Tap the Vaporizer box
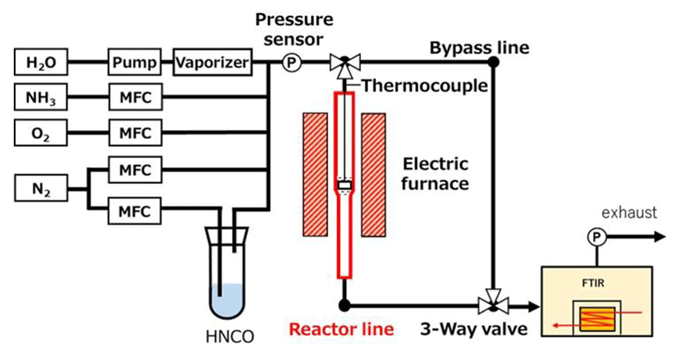pos(211,63)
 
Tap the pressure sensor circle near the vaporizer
pos(291,63)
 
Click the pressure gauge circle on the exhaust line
pos(596,237)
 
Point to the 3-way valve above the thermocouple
pos(341,64)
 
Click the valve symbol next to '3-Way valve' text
pos(493,304)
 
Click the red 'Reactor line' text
pos(341,329)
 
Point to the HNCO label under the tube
pos(230,337)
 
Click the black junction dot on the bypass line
pos(493,63)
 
